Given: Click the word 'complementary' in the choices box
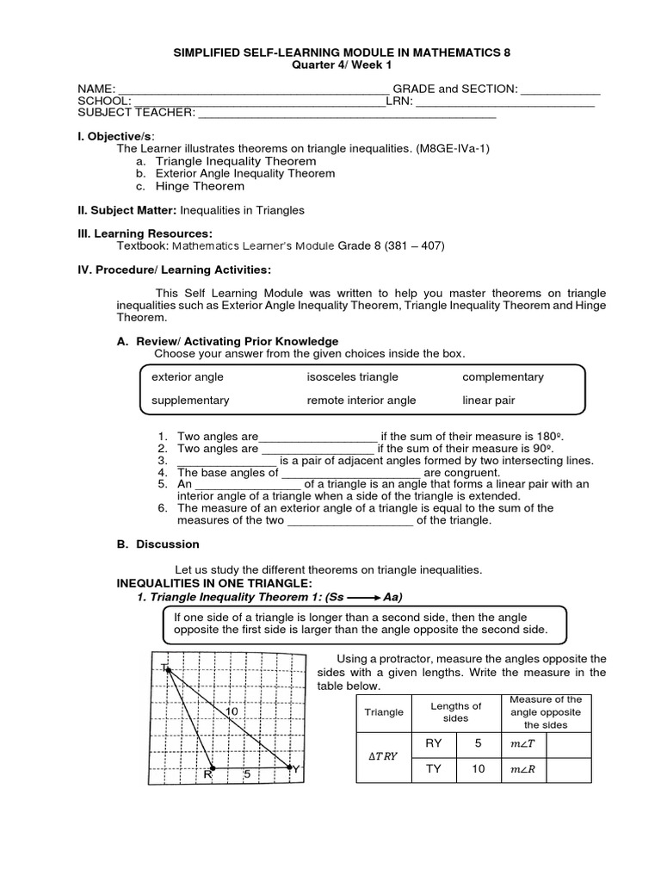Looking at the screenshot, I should (x=503, y=377).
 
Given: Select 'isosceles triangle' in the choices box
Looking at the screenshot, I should (x=352, y=377).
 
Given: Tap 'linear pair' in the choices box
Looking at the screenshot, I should (x=488, y=400).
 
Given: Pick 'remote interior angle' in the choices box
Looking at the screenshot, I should (x=361, y=400).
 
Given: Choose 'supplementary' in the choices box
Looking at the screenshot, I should (x=190, y=400).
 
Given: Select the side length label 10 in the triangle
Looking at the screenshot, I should (x=232, y=711).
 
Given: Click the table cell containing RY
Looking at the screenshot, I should (x=435, y=742).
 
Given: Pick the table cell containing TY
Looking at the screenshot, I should (x=435, y=769).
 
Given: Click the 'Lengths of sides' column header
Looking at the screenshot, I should (x=455, y=711).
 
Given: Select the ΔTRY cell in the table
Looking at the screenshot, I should (x=384, y=755).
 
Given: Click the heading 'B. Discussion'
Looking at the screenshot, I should (x=158, y=544).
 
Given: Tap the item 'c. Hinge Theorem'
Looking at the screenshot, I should (x=189, y=186).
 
